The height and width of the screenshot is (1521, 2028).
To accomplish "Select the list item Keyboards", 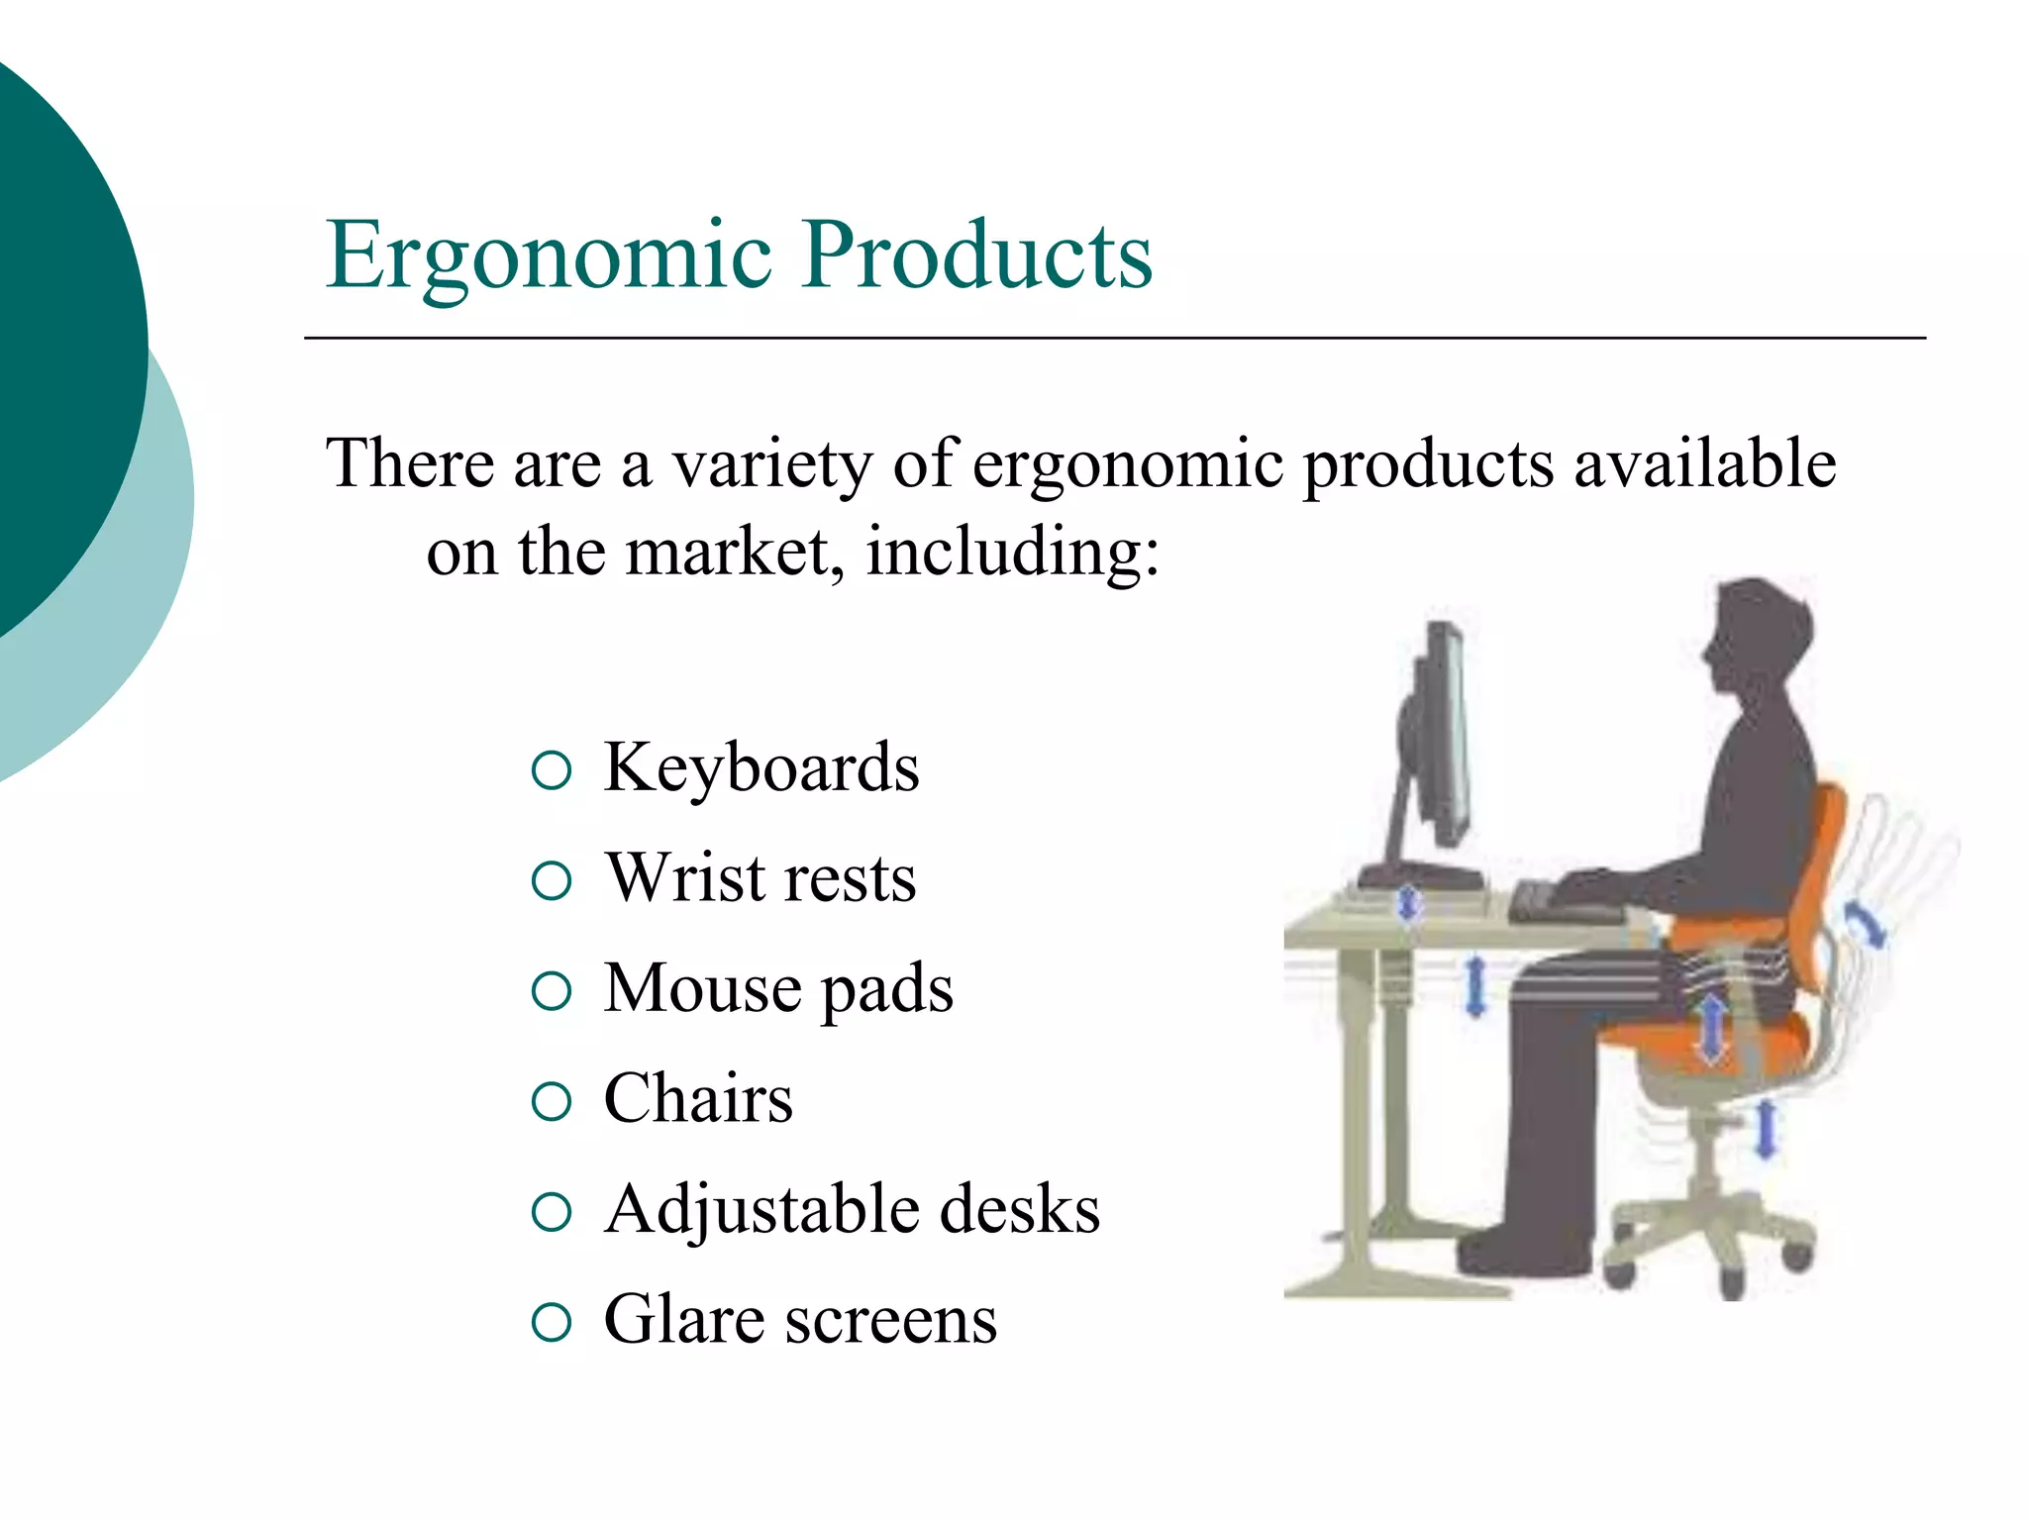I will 760,768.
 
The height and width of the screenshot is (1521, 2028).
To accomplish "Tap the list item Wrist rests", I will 760,878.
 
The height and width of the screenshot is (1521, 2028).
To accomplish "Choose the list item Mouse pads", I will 778,989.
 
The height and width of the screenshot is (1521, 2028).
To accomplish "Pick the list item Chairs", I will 698,1099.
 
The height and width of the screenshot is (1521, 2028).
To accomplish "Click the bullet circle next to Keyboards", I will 552,771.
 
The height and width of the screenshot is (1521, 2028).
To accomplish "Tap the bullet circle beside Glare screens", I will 552,1323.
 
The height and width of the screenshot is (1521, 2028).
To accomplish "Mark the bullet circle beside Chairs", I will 552,1102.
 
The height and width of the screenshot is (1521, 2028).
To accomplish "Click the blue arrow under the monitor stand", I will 1408,903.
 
